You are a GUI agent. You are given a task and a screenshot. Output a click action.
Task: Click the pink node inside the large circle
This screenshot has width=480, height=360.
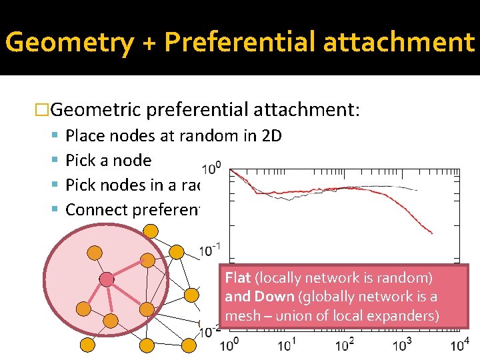click(x=106, y=279)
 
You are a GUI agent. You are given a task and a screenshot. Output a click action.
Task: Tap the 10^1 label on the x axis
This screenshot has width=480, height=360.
click(x=287, y=345)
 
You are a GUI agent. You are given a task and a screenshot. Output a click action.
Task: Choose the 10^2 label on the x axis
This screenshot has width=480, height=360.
click(x=345, y=345)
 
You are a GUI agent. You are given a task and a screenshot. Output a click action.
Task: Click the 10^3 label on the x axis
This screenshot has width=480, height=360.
click(x=402, y=345)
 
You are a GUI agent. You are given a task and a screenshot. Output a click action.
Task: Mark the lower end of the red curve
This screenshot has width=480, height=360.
click(x=432, y=233)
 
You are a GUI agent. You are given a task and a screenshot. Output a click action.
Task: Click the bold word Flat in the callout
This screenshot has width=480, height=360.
click(x=238, y=278)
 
